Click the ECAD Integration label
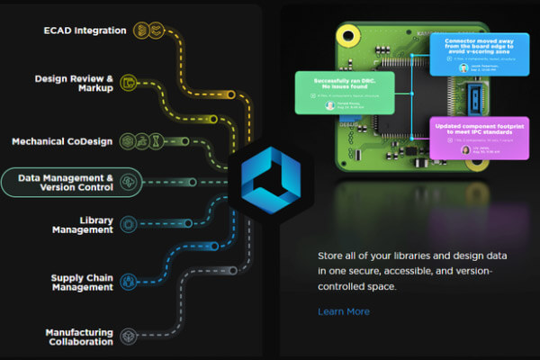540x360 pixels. pos(85,31)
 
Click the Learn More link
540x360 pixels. pos(343,311)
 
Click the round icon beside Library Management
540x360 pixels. pos(130,224)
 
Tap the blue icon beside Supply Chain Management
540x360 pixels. pos(130,281)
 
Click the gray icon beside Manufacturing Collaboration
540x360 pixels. pos(130,337)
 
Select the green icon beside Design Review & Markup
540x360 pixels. pos(130,83)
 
